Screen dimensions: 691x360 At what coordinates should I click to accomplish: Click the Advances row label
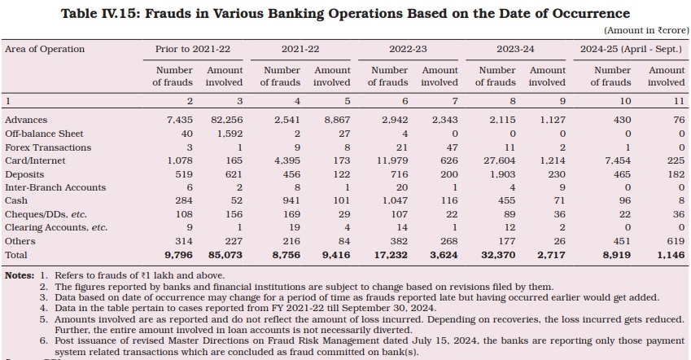(x=26, y=120)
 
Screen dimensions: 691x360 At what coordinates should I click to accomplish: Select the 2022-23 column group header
(x=408, y=49)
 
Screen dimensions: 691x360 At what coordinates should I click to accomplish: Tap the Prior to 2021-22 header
(x=193, y=49)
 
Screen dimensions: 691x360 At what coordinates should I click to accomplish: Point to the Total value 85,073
(x=225, y=255)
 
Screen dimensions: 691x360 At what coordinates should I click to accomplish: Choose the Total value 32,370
(x=498, y=255)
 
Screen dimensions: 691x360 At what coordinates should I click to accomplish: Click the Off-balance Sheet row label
(x=44, y=134)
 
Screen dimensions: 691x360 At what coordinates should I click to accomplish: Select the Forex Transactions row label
(x=48, y=147)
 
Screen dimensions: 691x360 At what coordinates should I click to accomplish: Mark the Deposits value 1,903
(x=503, y=174)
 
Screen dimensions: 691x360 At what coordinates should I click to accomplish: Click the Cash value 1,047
(x=396, y=200)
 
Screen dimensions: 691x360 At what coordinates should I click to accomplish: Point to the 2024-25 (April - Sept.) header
(x=631, y=49)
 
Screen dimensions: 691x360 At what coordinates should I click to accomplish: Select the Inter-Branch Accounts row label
(x=55, y=187)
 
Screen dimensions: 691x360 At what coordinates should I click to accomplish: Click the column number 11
(x=680, y=101)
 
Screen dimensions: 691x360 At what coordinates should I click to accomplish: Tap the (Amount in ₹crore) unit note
(x=646, y=30)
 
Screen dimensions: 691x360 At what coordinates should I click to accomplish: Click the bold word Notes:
(x=20, y=275)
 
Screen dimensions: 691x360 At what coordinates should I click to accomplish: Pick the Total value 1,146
(x=671, y=255)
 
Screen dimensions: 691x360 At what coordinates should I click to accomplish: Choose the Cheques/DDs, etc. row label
(x=46, y=214)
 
